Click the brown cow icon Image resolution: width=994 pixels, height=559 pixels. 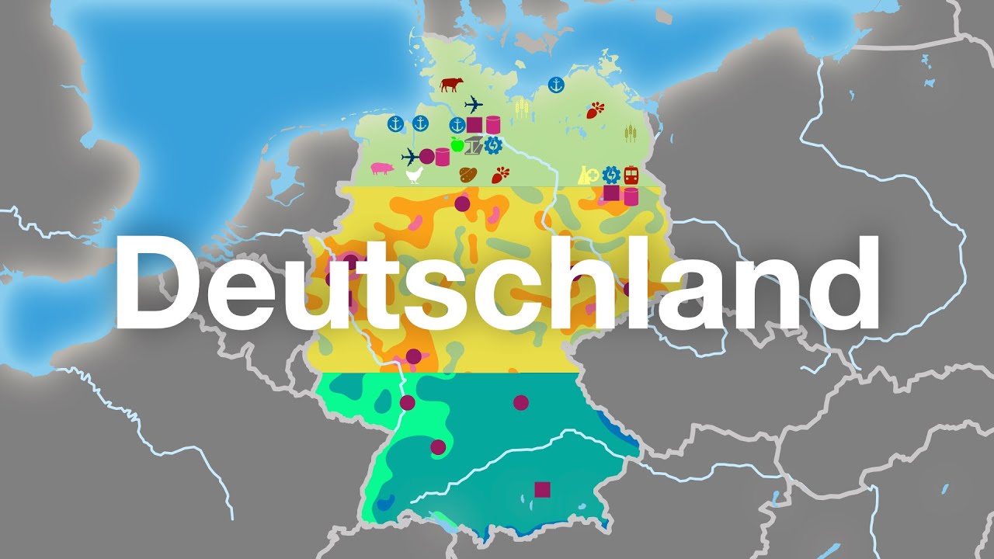click(450, 85)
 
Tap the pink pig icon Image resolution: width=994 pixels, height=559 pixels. click(381, 168)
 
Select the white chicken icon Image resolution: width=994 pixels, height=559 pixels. click(415, 175)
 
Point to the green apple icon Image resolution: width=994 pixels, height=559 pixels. click(457, 144)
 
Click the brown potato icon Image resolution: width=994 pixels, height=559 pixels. click(468, 174)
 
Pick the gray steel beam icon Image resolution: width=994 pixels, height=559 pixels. click(474, 144)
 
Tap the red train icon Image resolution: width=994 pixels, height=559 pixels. click(631, 175)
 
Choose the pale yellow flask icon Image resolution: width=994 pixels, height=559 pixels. click(586, 175)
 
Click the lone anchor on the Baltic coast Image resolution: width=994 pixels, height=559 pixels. click(555, 85)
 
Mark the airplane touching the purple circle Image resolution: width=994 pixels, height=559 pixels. click(410, 157)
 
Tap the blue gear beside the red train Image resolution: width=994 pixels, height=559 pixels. click(610, 175)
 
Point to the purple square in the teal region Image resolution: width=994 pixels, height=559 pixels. click(542, 489)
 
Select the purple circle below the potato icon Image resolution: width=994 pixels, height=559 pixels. click(462, 203)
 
